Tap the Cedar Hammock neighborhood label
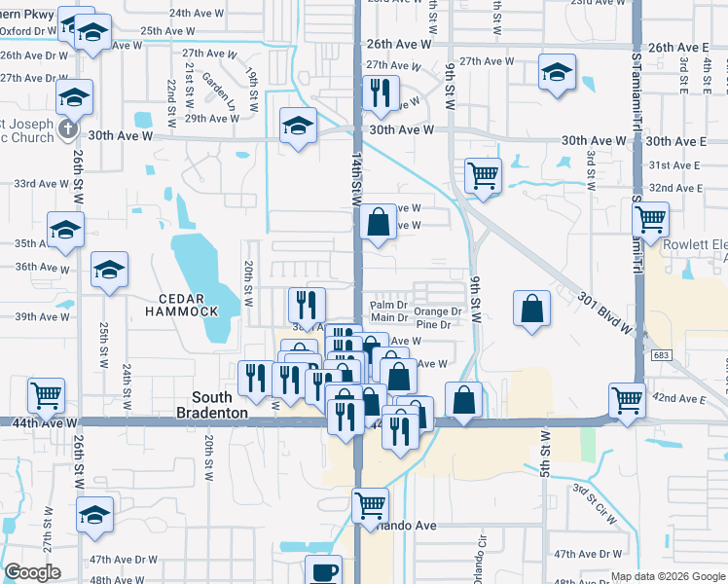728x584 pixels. [x=181, y=304]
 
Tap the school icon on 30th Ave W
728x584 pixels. [x=299, y=126]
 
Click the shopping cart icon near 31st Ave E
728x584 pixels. [x=483, y=176]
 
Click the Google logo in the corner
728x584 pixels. [x=32, y=572]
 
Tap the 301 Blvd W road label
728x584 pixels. [x=603, y=313]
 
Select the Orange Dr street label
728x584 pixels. [x=437, y=311]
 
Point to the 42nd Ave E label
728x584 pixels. [x=677, y=399]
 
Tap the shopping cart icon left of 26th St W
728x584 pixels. [x=46, y=396]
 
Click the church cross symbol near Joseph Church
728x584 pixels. [x=65, y=128]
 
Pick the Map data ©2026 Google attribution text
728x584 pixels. [x=667, y=576]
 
